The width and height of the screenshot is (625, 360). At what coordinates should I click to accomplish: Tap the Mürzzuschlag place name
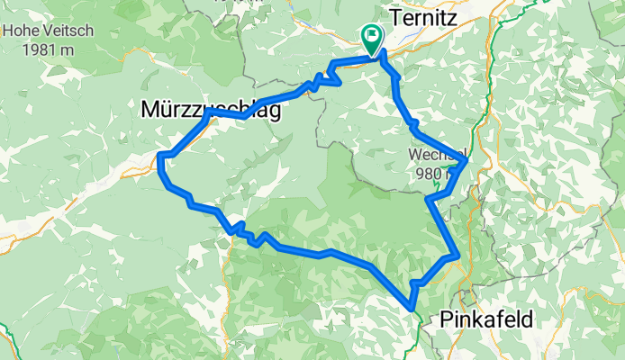click(x=211, y=110)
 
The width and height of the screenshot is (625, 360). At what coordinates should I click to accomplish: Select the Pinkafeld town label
click(x=486, y=319)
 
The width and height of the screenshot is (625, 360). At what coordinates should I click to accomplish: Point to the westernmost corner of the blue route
click(x=159, y=160)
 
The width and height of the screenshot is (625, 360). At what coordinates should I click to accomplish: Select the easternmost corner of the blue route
click(x=466, y=161)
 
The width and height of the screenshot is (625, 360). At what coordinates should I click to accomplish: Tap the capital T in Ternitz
click(x=393, y=16)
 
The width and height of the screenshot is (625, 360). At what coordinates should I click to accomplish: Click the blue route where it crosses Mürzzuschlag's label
click(x=225, y=114)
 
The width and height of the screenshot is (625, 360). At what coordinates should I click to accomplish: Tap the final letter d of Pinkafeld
click(x=527, y=319)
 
